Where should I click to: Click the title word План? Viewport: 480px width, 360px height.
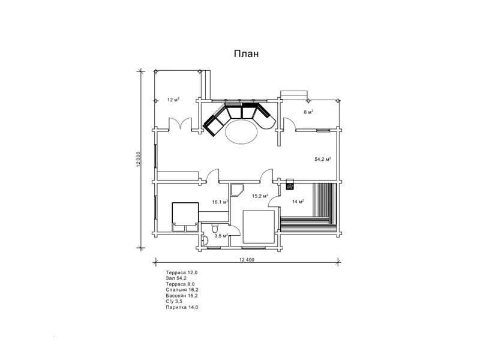pos(247,53)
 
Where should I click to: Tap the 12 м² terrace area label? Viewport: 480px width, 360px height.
pos(173,100)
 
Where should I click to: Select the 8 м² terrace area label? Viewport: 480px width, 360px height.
pos(308,112)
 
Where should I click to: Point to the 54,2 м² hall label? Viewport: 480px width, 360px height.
pos(323,159)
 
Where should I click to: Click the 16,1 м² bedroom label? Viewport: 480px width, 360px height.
pos(220,202)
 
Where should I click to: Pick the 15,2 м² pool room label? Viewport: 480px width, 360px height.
pos(260,196)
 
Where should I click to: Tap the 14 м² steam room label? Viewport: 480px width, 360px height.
pos(298,201)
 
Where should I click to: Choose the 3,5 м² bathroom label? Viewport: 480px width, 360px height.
pos(221,236)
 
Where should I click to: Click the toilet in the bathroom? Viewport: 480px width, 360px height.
pos(215,228)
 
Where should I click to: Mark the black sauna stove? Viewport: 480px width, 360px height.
pos(290,184)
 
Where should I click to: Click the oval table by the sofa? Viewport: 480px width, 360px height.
pos(242,131)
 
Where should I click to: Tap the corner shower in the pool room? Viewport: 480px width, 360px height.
pos(237,190)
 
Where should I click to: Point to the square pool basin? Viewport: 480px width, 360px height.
pos(259,226)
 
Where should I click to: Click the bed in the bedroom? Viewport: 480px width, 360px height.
pos(185,217)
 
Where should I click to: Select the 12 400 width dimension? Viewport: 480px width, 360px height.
pos(247,260)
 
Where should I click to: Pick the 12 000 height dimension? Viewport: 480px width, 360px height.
pos(139,159)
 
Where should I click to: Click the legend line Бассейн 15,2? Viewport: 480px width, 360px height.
pos(182,296)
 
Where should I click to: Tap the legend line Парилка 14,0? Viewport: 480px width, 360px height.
pos(182,307)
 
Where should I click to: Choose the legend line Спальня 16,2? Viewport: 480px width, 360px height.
pos(182,290)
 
